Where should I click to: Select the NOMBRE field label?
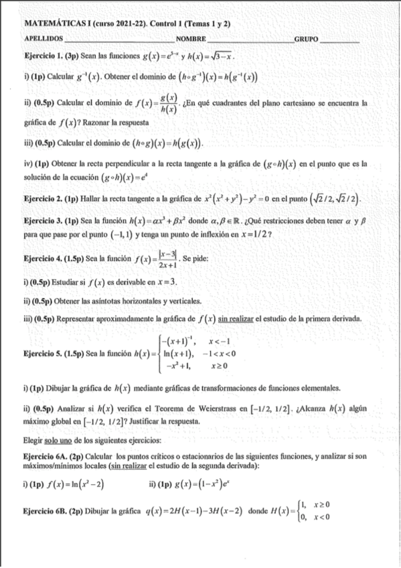click(x=191, y=40)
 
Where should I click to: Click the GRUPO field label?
click(x=307, y=40)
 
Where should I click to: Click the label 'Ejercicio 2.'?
click(x=43, y=199)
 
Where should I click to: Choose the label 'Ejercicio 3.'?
click(x=43, y=220)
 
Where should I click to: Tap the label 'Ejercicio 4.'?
click(x=43, y=258)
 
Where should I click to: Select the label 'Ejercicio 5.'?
click(x=43, y=353)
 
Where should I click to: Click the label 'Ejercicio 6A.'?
click(x=45, y=455)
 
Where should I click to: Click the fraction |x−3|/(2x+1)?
click(x=167, y=259)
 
